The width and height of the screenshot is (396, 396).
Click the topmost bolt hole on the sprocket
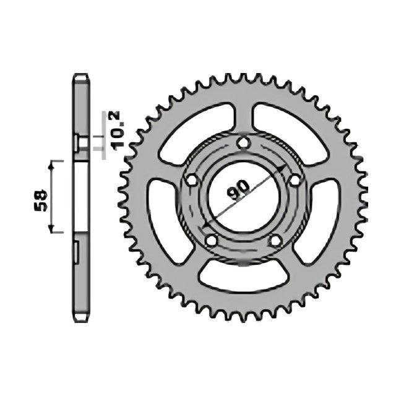(244, 144)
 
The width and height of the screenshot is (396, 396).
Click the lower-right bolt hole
(276, 240)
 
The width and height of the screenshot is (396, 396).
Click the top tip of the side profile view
(80, 75)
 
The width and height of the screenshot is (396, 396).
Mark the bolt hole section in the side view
(79, 143)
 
